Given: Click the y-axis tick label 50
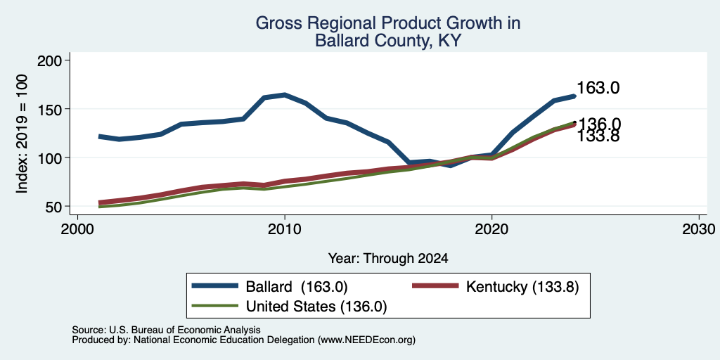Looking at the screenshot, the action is coord(53,207).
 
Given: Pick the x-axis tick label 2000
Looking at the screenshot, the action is coord(77,229).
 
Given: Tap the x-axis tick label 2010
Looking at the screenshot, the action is coord(285,229).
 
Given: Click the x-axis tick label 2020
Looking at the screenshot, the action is coord(491,229).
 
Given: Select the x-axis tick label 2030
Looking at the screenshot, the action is coord(699,229).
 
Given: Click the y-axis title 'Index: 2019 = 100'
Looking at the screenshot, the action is coord(22,134).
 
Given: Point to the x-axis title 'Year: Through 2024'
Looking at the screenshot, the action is coord(388,259).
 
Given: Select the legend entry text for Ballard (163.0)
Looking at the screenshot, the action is coord(297,287).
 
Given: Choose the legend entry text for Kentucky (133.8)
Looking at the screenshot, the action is coord(522,287).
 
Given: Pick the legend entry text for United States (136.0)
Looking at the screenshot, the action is coord(316,307).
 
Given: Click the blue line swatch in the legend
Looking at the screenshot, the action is coord(215,286).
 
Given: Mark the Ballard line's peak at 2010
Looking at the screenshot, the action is coord(285,95).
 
